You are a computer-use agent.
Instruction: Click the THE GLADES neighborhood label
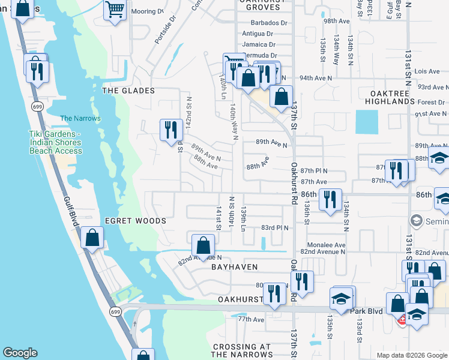pyautogui.click(x=128, y=91)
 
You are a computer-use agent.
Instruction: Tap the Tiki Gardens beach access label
pyautogui.click(x=56, y=142)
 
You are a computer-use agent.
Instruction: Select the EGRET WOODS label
pyautogui.click(x=136, y=221)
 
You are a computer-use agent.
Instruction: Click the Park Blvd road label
pyautogui.click(x=367, y=312)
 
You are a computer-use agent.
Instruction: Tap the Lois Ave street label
pyautogui.click(x=427, y=71)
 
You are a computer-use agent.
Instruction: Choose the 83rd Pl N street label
pyautogui.click(x=274, y=228)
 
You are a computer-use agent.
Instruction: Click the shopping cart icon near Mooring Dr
pyautogui.click(x=115, y=10)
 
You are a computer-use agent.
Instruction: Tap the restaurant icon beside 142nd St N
pyautogui.click(x=171, y=128)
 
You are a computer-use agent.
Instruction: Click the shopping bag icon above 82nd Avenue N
pyautogui.click(x=203, y=244)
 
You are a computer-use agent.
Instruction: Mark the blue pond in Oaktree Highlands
pyautogui.click(x=367, y=122)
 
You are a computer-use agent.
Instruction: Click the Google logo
pyautogui.click(x=20, y=353)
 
